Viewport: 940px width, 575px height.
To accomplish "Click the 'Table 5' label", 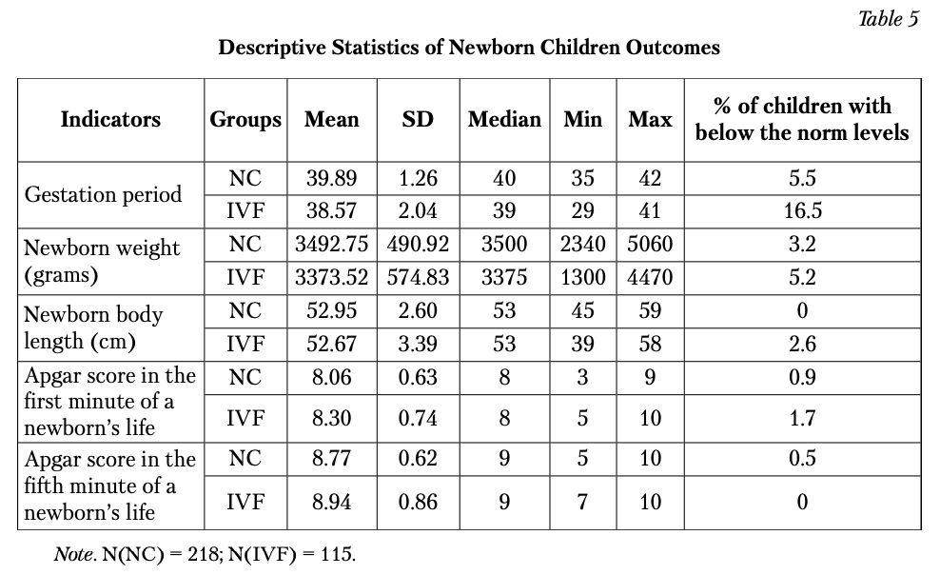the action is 888,19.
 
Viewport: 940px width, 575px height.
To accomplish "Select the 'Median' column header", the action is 504,119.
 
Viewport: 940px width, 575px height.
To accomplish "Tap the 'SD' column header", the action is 418,119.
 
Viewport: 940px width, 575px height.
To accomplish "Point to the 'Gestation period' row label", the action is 103,195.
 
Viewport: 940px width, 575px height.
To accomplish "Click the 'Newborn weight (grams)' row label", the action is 101,262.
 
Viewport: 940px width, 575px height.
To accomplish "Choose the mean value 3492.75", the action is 331,244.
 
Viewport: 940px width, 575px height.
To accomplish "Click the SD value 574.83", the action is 418,278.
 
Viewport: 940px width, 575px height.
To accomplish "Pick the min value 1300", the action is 582,278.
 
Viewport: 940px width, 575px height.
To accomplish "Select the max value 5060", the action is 650,244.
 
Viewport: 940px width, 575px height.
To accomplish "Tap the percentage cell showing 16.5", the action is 803,211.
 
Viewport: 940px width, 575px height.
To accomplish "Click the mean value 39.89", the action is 331,178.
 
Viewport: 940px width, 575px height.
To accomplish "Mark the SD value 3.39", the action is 418,345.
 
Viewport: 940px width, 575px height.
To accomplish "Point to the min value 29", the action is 582,211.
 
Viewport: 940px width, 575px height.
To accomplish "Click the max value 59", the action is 650,310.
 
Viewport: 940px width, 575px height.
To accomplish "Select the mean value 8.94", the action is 331,502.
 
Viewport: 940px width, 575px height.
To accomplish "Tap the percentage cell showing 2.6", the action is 803,345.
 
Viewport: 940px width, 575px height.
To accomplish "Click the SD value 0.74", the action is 418,418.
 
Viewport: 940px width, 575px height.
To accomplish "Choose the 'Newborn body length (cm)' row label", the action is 93,328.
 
